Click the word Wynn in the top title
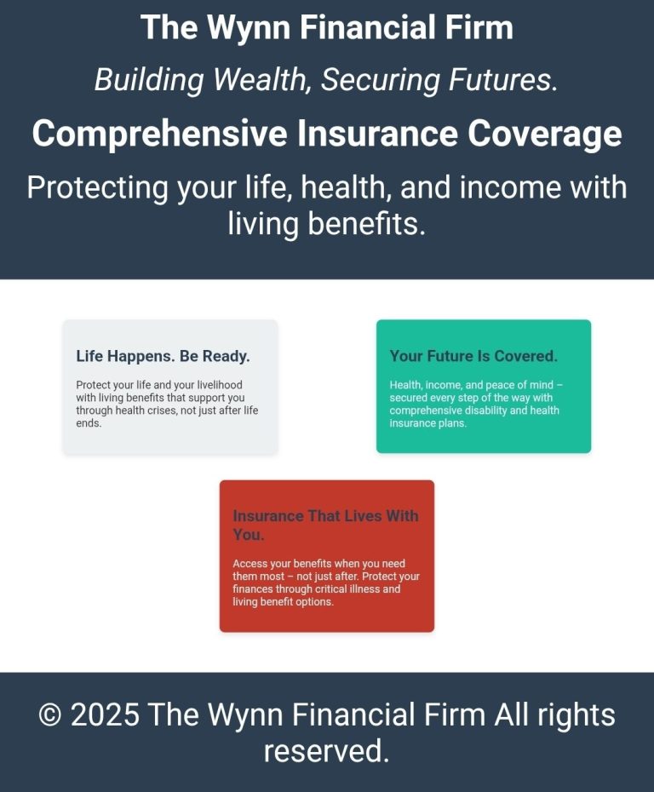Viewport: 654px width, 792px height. [249, 28]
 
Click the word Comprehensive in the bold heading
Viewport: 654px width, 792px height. [159, 135]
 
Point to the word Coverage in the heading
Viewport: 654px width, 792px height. [544, 135]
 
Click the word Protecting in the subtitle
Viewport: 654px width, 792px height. [97, 188]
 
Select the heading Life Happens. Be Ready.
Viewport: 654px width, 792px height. [163, 356]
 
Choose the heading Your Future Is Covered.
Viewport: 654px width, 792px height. [473, 356]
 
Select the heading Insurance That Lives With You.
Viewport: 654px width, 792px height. [326, 525]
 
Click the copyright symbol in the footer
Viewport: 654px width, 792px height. [49, 715]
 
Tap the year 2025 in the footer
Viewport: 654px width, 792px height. [105, 715]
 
